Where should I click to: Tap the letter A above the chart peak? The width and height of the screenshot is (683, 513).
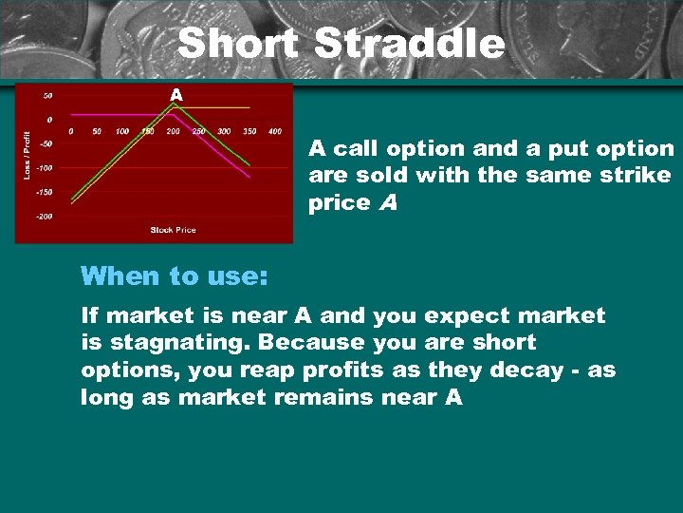click(x=175, y=95)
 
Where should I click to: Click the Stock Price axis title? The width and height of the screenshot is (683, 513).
click(x=174, y=230)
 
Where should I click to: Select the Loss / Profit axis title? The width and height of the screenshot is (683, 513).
click(x=27, y=155)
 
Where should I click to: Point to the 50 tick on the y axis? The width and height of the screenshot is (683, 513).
click(x=46, y=95)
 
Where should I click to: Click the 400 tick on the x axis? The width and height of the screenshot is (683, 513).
click(x=274, y=131)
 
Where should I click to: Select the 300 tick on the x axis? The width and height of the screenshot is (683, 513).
click(x=224, y=131)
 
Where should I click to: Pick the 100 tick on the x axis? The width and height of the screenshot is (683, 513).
click(x=121, y=131)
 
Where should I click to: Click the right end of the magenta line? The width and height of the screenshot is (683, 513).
click(x=249, y=177)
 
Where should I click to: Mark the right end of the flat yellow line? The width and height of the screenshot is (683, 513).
click(x=249, y=107)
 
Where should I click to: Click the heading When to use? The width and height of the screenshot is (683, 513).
click(x=175, y=276)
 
